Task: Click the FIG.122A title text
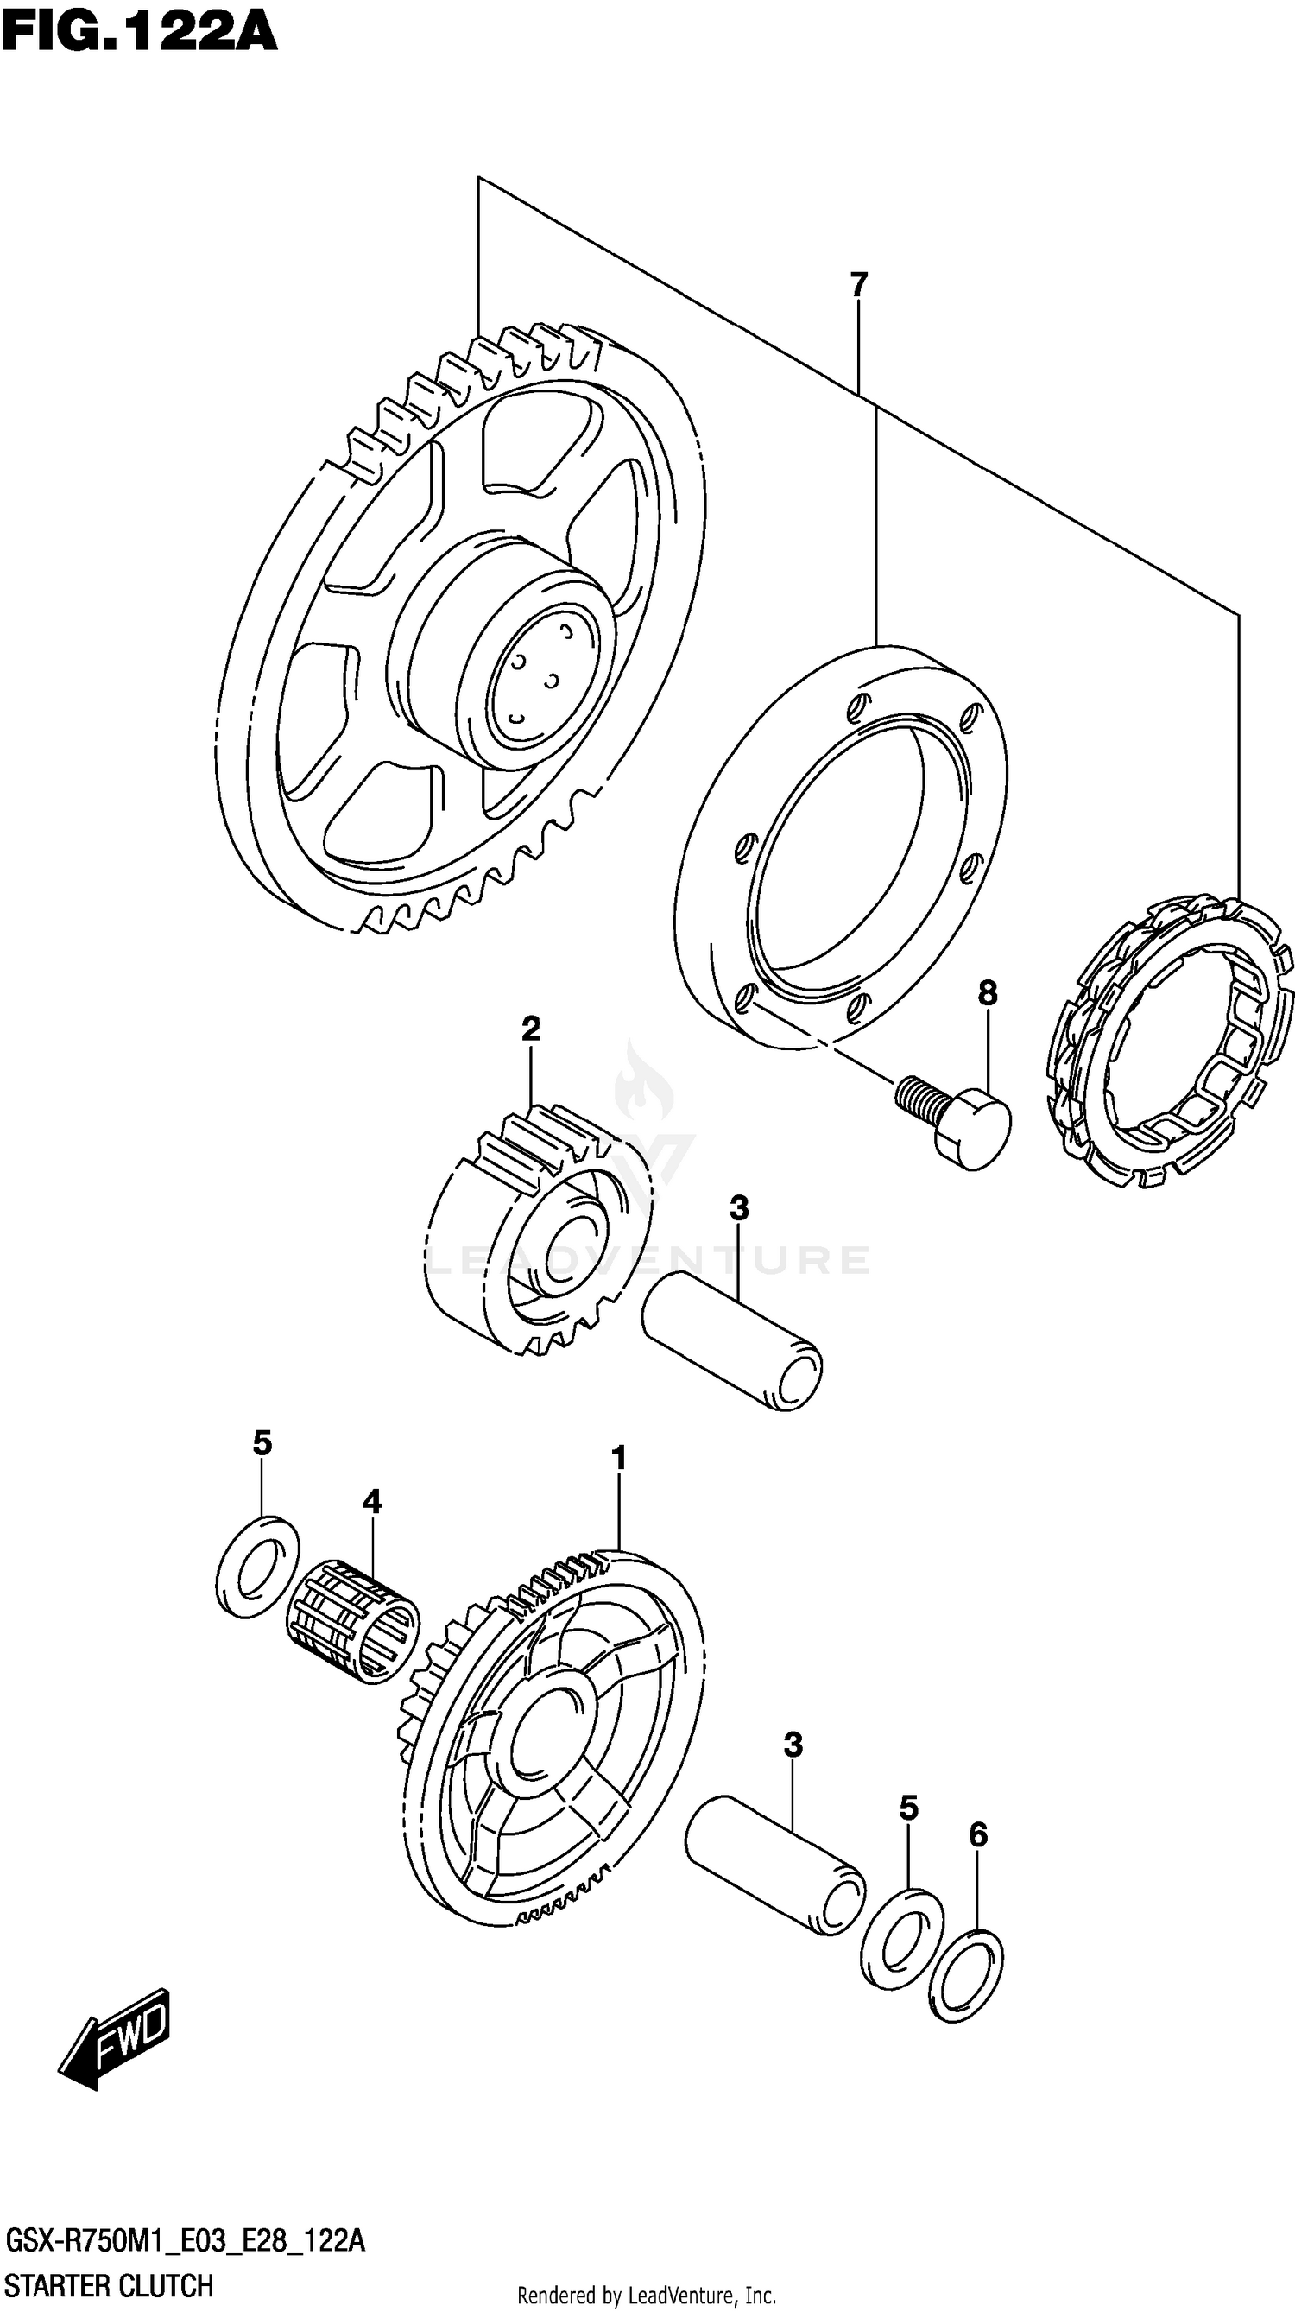pyautogui.click(x=139, y=34)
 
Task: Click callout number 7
pyautogui.click(x=859, y=284)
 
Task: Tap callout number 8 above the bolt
pyautogui.click(x=987, y=992)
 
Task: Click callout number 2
pyautogui.click(x=530, y=1029)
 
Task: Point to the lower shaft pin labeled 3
pyautogui.click(x=774, y=1863)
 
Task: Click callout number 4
pyautogui.click(x=371, y=1500)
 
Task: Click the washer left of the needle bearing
pyautogui.click(x=259, y=1567)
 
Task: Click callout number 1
pyautogui.click(x=618, y=1458)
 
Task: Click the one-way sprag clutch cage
pyautogui.click(x=1172, y=1041)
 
